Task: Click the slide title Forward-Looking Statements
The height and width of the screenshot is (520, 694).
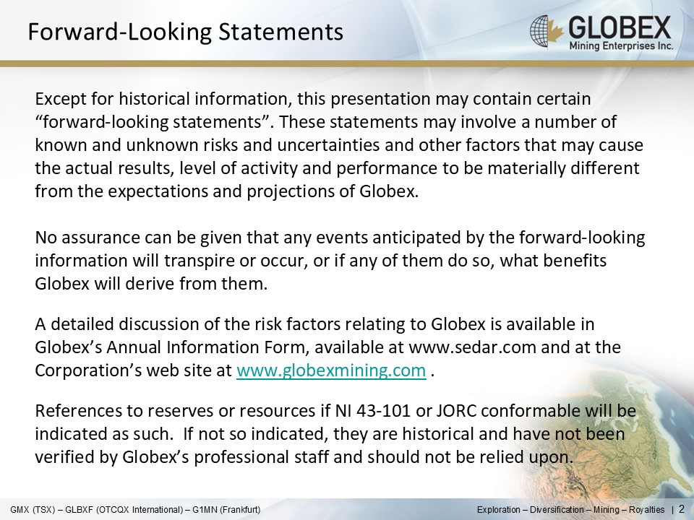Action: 186,32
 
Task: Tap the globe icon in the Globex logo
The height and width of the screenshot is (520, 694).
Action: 539,30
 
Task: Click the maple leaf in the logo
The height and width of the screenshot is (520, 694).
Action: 555,30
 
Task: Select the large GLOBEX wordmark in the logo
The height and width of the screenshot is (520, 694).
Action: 620,27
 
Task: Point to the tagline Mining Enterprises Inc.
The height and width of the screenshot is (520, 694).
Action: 621,46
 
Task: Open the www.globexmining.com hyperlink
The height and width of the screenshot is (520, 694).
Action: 331,370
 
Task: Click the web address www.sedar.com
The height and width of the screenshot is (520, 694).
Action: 473,347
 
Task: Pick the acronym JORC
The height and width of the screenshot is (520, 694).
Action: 456,411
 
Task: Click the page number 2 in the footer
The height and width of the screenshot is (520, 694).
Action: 681,509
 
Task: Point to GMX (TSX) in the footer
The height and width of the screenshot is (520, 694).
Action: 34,510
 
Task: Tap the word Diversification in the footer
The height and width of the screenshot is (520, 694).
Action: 557,510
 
